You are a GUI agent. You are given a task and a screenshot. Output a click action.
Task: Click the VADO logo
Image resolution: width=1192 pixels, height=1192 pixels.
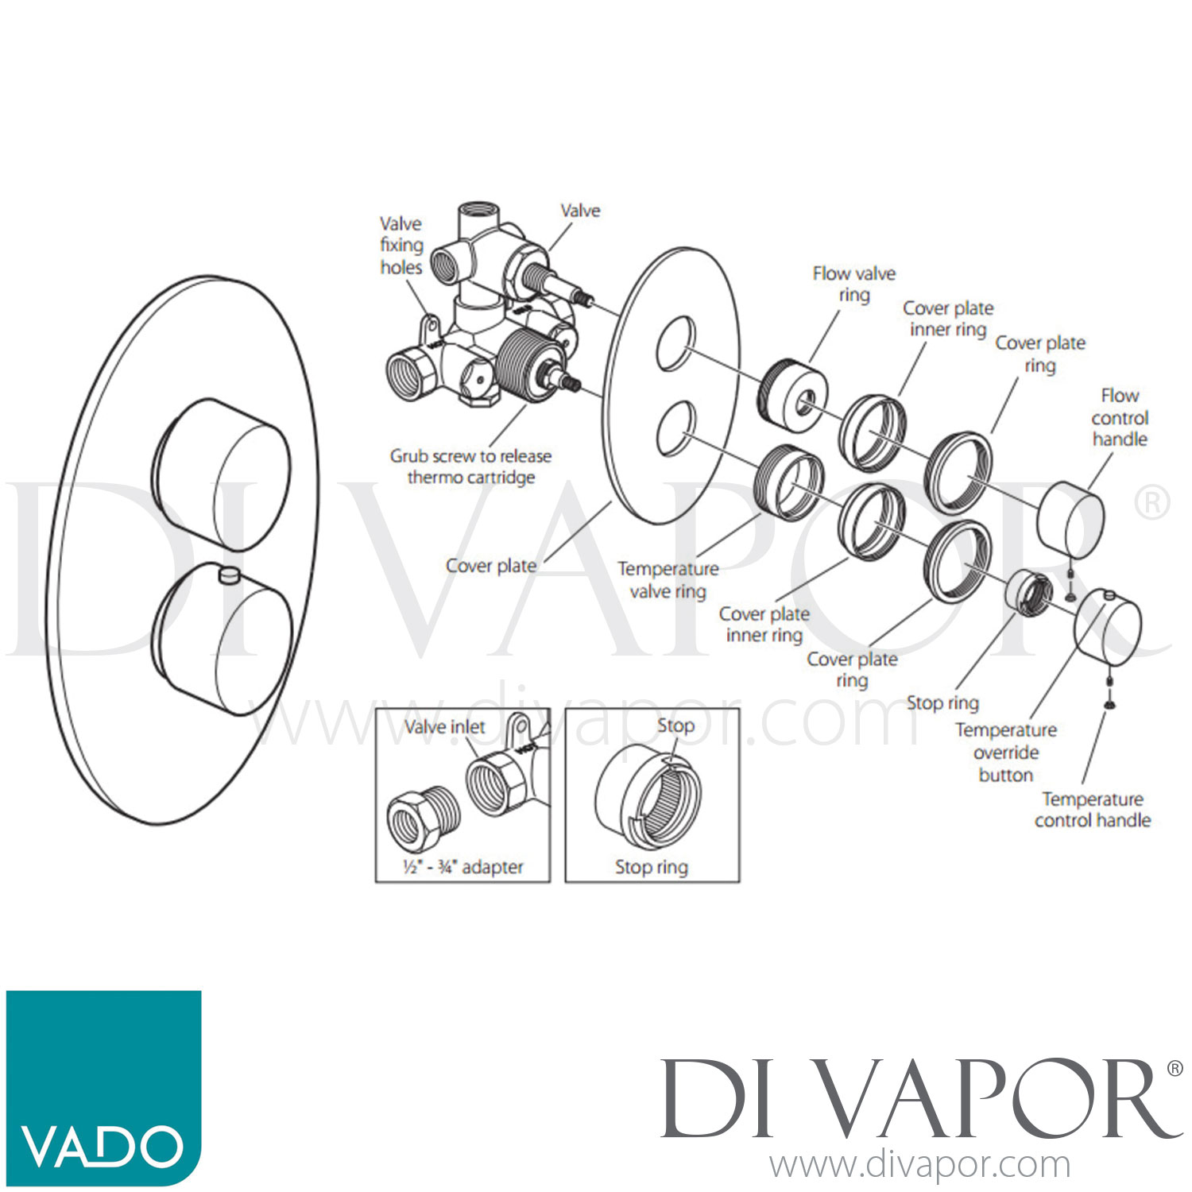click(103, 1087)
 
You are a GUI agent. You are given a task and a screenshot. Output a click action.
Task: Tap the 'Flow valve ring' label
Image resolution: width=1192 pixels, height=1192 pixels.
click(854, 284)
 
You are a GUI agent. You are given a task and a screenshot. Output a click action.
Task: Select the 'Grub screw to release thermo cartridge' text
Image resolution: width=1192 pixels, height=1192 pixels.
click(470, 466)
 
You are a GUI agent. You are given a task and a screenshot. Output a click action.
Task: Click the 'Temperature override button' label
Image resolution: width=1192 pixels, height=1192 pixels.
click(1006, 752)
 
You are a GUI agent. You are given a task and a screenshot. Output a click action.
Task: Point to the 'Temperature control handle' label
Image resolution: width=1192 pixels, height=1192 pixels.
click(1093, 809)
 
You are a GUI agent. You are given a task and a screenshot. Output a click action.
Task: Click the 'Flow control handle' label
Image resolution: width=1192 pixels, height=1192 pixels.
click(1120, 417)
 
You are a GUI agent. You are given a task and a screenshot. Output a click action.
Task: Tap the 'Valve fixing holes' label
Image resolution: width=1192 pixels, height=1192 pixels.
click(401, 246)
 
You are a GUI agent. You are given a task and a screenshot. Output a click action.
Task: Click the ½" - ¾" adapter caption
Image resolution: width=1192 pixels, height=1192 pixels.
click(463, 866)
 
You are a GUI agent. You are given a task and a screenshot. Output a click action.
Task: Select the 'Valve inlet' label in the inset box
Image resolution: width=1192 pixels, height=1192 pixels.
click(445, 726)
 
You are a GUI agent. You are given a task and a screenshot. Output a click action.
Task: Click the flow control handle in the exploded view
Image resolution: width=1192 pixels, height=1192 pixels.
click(1070, 520)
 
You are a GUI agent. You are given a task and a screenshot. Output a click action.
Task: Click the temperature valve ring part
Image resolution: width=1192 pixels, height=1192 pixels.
click(788, 480)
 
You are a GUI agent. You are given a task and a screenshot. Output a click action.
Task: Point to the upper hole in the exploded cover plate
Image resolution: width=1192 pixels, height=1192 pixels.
click(675, 345)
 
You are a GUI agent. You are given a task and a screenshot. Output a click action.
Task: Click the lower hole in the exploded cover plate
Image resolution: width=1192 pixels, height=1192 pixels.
click(676, 429)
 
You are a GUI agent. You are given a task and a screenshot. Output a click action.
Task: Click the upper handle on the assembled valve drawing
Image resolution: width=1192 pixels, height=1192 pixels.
click(222, 474)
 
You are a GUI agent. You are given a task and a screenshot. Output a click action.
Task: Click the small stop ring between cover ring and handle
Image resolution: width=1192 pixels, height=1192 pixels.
click(1029, 593)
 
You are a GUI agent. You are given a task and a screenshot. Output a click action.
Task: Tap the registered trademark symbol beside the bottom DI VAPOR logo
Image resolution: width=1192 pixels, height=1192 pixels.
click(1175, 1069)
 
